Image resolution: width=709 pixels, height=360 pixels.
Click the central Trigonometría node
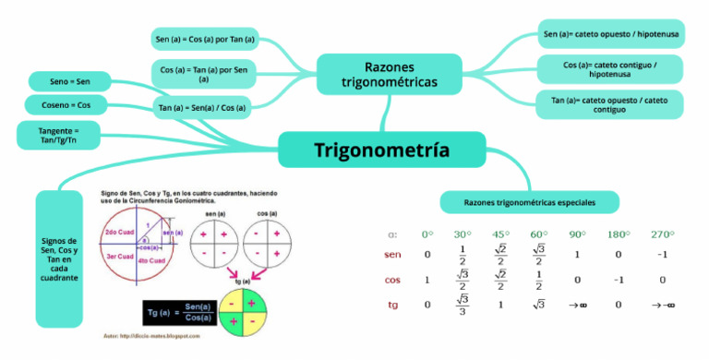point(381,150)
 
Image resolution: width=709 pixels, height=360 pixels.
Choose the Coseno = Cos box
point(66,104)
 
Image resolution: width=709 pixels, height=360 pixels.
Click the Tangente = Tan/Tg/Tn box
point(58,135)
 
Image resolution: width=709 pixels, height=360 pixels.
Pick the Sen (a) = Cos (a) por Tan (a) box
point(205,40)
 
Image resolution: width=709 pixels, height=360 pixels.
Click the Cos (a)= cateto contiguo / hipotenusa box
point(610,69)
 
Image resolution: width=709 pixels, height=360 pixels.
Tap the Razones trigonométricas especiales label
point(529,201)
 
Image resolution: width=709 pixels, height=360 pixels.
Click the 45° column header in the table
point(500,234)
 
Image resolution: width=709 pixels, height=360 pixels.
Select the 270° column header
point(662,234)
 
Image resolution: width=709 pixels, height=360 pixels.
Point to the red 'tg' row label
point(393,304)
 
